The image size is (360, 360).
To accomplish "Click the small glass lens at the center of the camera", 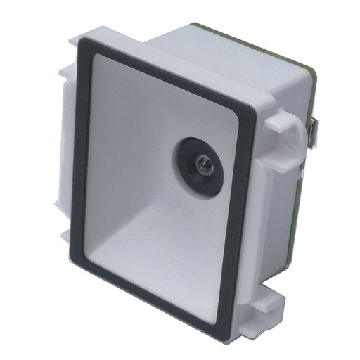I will (203, 166).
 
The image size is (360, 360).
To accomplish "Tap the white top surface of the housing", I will (211, 53).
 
